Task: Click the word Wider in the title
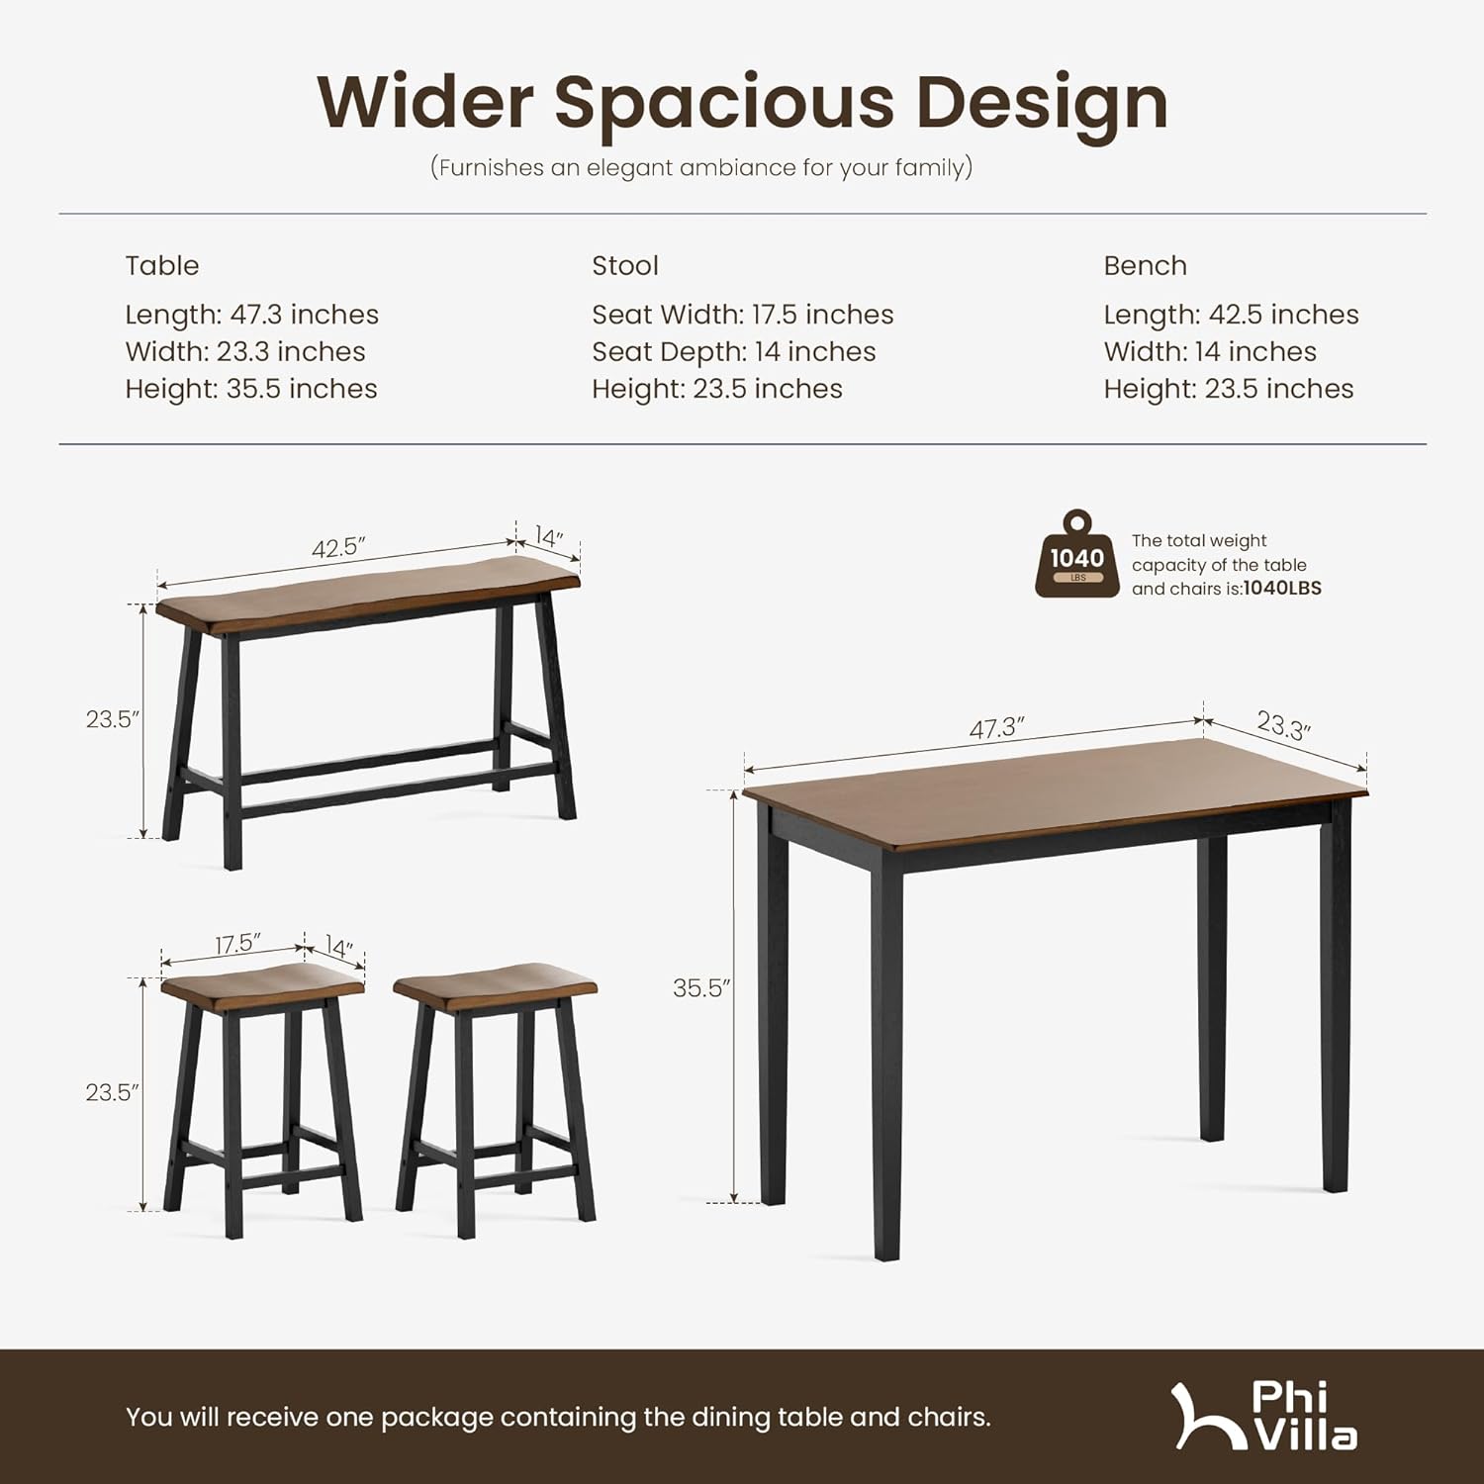(x=425, y=102)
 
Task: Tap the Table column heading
(x=162, y=265)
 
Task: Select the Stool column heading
(x=625, y=265)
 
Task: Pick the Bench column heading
(x=1145, y=265)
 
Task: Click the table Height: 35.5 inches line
(x=251, y=389)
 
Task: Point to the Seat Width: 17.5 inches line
(x=742, y=315)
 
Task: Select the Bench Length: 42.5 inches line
(x=1231, y=315)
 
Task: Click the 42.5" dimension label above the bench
(x=338, y=547)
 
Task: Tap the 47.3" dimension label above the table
(x=995, y=729)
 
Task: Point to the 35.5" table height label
(x=700, y=988)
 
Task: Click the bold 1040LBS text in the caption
(x=1282, y=589)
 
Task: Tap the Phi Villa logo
(x=1266, y=1417)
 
